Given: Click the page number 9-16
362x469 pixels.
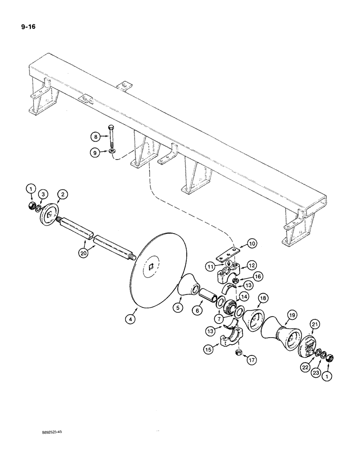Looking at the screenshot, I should tap(29, 27).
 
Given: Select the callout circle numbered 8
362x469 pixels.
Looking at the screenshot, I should tap(96, 137).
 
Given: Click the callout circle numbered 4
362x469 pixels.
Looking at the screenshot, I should tap(129, 318).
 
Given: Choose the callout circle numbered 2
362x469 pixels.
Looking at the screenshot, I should tap(62, 194).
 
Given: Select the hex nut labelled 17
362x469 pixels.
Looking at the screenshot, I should tap(239, 352).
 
